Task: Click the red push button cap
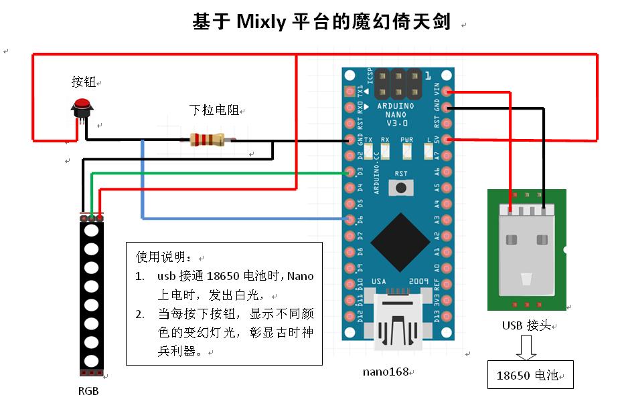82,104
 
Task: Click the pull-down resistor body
207,140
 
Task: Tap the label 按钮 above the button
84,82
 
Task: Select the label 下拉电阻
214,110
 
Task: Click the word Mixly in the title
261,21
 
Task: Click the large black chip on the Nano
400,243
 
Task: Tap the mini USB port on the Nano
398,319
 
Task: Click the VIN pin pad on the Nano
446,92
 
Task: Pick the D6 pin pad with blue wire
350,219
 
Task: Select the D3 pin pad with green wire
350,172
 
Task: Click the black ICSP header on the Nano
398,84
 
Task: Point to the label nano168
386,372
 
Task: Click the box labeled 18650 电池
530,374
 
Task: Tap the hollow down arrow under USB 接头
526,348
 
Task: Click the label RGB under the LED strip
88,391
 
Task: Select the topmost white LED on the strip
92,231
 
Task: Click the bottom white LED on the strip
92,361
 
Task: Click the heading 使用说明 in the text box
161,257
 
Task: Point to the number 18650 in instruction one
223,276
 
